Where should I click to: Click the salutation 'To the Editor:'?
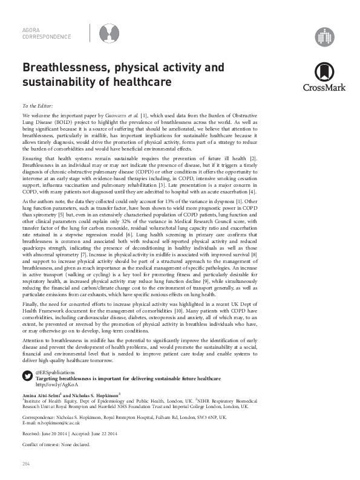(x=38, y=105)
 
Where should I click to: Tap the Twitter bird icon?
(x=27, y=375)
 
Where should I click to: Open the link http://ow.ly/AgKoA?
(x=54, y=384)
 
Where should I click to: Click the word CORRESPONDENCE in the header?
(x=47, y=36)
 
